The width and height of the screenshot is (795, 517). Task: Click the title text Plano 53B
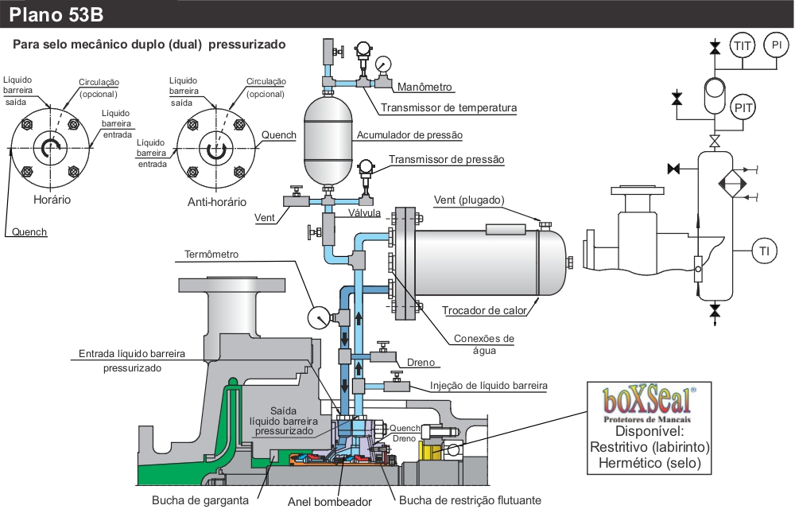pyautogui.click(x=56, y=15)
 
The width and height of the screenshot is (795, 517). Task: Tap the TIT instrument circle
pyautogui.click(x=743, y=46)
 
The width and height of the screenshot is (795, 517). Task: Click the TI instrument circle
pyautogui.click(x=764, y=252)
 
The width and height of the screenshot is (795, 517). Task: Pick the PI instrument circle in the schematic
pyautogui.click(x=777, y=46)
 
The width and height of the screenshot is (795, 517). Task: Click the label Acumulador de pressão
pyautogui.click(x=409, y=135)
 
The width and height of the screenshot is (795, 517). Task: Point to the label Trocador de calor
pyautogui.click(x=483, y=310)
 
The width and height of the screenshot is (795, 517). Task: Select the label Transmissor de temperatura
pyautogui.click(x=449, y=108)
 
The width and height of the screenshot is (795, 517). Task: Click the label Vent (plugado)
pyautogui.click(x=470, y=199)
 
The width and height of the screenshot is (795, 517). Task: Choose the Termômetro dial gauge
pyautogui.click(x=318, y=317)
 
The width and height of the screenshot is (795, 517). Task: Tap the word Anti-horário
pyautogui.click(x=217, y=201)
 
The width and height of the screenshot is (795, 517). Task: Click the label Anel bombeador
pyautogui.click(x=330, y=502)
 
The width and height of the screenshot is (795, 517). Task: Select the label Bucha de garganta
pyautogui.click(x=200, y=501)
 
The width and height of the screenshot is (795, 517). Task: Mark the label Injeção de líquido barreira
pyautogui.click(x=489, y=386)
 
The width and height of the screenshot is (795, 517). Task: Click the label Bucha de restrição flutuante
pyautogui.click(x=470, y=501)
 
